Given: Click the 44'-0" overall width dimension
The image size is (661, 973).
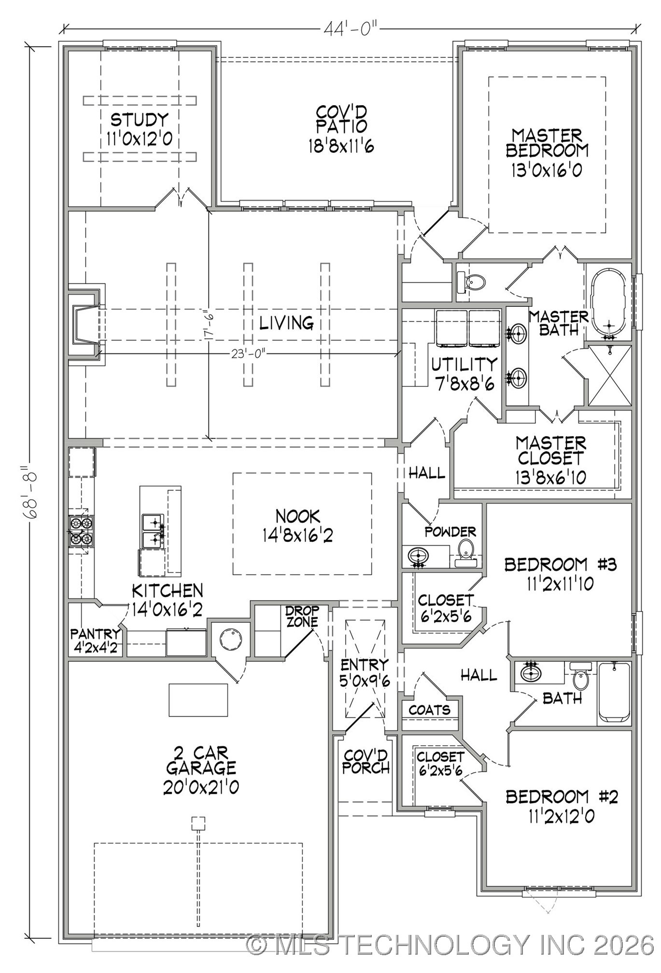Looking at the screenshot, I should (350, 29).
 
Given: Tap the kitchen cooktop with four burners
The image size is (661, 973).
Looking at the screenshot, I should (81, 531).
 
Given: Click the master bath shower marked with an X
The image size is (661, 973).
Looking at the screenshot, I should (610, 376).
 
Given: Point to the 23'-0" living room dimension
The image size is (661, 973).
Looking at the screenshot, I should (248, 354).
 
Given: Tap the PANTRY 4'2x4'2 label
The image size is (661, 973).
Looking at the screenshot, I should (96, 640).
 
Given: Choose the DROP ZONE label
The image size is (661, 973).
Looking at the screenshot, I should (302, 617).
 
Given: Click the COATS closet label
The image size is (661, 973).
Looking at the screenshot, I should (429, 710).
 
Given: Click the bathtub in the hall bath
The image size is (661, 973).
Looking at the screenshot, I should (614, 694).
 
